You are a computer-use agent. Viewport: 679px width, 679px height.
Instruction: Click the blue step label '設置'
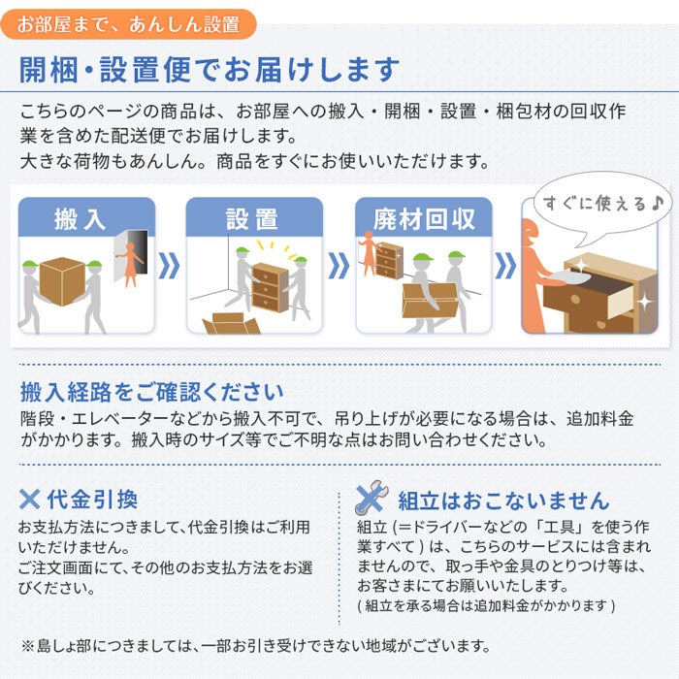[x=252, y=218]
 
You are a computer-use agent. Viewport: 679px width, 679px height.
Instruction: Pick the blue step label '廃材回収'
[x=424, y=218]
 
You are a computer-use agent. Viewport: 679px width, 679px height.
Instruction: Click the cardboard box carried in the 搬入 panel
[x=64, y=281]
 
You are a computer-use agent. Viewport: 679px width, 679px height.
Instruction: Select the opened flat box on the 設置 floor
[x=231, y=324]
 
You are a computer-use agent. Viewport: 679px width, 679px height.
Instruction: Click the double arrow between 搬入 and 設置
[x=170, y=266]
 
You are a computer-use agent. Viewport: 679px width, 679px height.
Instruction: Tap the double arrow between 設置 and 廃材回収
[x=339, y=266]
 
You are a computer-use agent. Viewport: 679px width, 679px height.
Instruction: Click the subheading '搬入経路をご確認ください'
[x=151, y=393]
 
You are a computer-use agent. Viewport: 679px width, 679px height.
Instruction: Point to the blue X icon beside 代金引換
[x=30, y=500]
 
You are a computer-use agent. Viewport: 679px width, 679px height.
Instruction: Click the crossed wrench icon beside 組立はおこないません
[x=371, y=499]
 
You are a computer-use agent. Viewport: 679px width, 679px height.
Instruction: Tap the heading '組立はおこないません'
[x=503, y=501]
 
